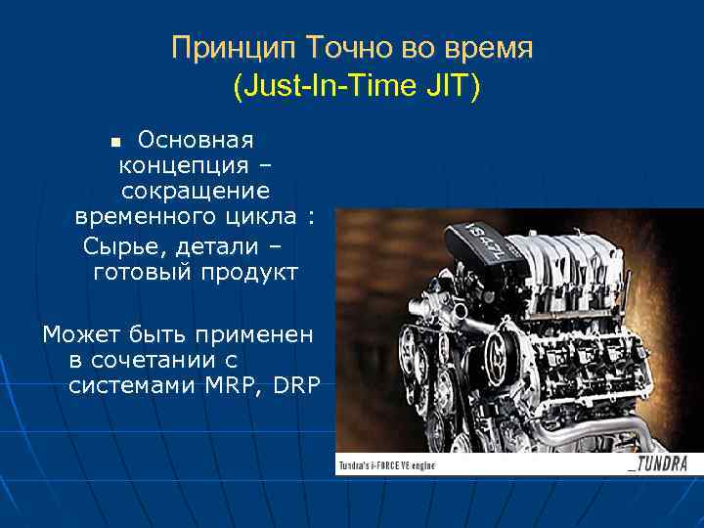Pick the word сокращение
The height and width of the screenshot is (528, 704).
click(x=196, y=190)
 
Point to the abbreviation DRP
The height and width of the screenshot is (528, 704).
click(x=297, y=385)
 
